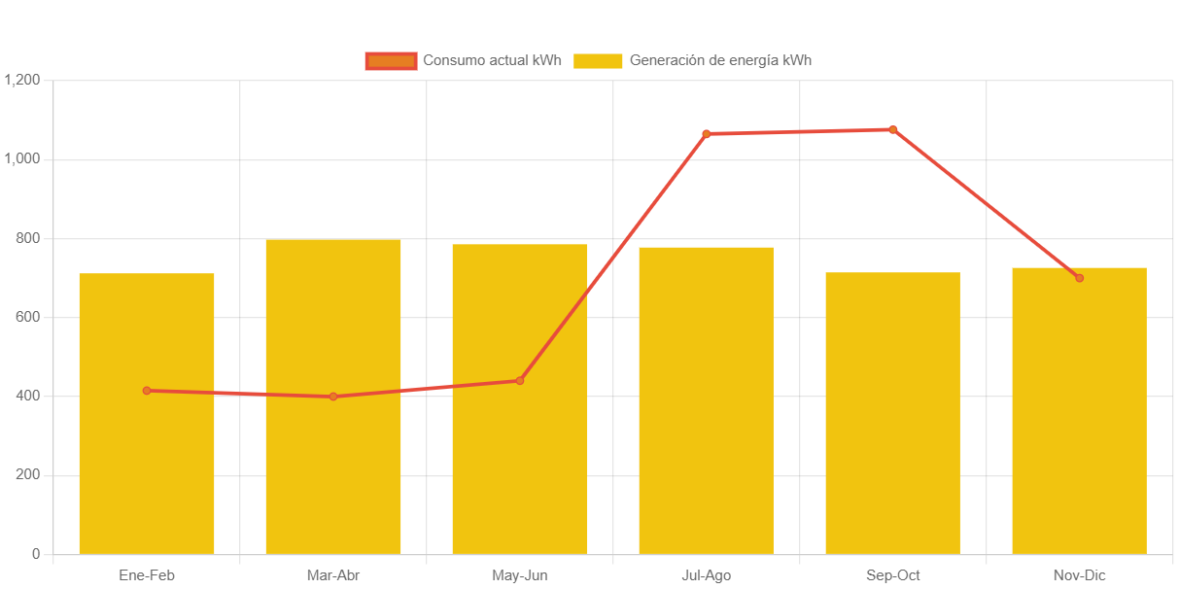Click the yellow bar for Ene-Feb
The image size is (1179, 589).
point(147,467)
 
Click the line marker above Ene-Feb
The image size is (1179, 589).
point(147,391)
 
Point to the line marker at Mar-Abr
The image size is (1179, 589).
point(333,397)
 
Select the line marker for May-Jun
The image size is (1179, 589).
point(520,380)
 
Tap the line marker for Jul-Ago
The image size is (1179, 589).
point(706,134)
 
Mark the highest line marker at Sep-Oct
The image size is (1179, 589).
point(893,129)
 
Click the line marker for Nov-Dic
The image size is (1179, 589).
point(1079,278)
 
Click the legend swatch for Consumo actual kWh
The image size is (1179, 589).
point(391,61)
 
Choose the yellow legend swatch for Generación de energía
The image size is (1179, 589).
point(598,61)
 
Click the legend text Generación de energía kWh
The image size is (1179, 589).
point(720,61)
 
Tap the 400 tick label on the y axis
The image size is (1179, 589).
point(27,396)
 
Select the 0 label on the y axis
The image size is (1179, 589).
point(36,554)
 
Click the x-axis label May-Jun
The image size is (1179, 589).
point(520,575)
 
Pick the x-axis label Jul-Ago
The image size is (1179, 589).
point(706,575)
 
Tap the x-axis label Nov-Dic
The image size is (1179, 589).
point(1079,575)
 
